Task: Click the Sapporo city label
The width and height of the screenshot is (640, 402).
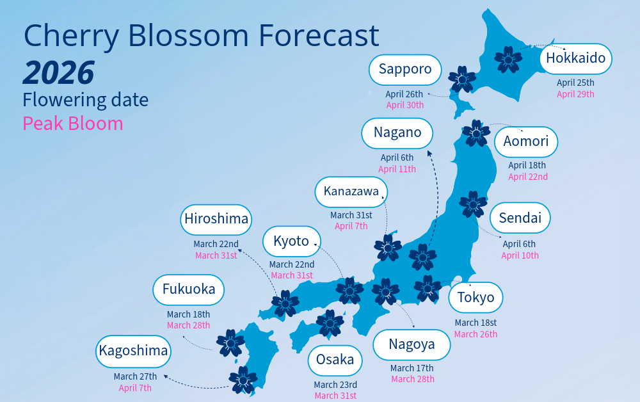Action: click(405, 69)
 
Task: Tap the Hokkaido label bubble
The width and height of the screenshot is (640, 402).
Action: click(575, 59)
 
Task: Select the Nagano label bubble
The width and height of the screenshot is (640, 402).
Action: click(397, 133)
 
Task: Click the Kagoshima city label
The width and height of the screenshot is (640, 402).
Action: click(133, 351)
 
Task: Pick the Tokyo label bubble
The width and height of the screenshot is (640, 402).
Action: click(476, 298)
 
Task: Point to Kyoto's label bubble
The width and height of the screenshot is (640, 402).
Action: click(291, 241)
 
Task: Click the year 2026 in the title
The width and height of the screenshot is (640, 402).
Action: click(59, 73)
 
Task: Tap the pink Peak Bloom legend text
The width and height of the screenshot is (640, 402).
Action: click(72, 123)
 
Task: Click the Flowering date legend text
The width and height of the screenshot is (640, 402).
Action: click(85, 100)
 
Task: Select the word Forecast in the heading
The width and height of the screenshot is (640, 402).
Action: click(318, 36)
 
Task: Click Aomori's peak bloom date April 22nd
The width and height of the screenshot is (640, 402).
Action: click(527, 177)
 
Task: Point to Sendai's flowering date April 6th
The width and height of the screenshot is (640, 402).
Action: click(519, 244)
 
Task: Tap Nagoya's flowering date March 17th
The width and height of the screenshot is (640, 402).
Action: click(412, 368)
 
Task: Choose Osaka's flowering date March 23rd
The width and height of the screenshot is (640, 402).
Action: click(335, 385)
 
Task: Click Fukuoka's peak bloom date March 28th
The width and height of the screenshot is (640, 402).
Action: click(188, 325)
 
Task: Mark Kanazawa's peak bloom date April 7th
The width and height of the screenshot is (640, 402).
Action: click(351, 226)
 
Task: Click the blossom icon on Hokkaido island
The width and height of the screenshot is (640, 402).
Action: click(508, 59)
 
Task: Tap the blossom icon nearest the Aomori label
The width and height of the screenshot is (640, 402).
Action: click(476, 133)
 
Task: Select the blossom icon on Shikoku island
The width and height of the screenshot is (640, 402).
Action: click(330, 323)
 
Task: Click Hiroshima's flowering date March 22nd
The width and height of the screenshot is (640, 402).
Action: click(216, 244)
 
